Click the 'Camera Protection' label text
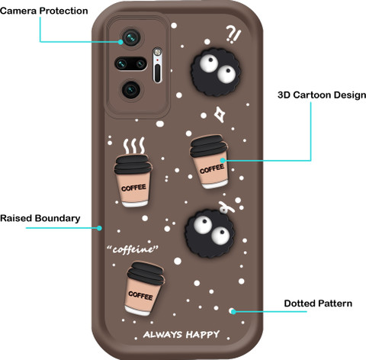[44, 11]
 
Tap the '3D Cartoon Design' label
[322, 95]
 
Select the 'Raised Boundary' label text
[40, 218]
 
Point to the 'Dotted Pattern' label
[318, 304]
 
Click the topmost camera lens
[131, 37]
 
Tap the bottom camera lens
[131, 89]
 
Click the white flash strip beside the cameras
[157, 65]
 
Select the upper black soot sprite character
[216, 72]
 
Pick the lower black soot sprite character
[210, 233]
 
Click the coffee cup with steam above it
[133, 180]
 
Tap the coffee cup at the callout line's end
[210, 162]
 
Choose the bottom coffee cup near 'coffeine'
[144, 288]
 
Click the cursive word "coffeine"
[133, 249]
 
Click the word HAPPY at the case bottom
[203, 334]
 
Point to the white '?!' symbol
[233, 34]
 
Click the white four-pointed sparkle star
[219, 114]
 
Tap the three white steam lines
[134, 146]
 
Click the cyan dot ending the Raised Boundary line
[99, 228]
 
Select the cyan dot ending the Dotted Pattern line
[233, 311]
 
